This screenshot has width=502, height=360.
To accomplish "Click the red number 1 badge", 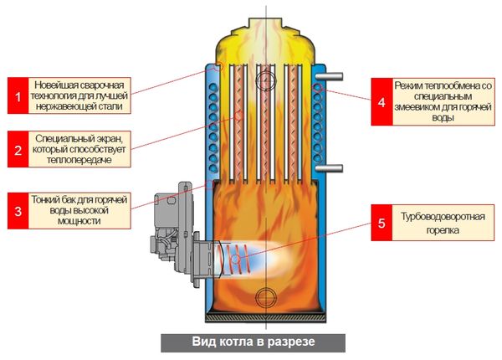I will coord(16,96).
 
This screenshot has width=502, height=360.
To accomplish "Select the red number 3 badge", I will coord(16,209).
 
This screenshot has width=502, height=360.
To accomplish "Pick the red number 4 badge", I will coord(382,102).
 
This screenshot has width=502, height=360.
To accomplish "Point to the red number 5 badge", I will coord(382,224).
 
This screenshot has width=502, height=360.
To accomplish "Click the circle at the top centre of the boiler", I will coord(266,80).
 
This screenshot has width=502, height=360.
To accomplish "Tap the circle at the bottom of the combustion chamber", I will coord(266,296).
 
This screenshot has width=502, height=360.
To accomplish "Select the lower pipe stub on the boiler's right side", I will coord(334,167).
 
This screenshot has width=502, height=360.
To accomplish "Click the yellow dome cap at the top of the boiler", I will coord(266,38).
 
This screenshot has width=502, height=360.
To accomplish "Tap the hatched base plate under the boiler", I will coord(266,319).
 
